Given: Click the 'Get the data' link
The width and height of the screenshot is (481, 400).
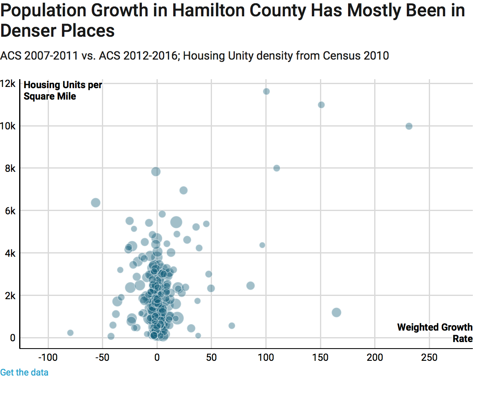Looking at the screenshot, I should click(x=24, y=372).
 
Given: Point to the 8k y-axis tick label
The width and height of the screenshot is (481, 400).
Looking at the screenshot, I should click(x=10, y=168).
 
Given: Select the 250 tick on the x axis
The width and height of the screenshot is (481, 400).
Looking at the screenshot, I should click(x=429, y=358).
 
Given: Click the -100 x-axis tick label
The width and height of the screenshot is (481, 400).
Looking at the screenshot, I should click(x=48, y=358).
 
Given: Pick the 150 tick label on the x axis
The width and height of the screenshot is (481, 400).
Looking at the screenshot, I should click(x=320, y=358).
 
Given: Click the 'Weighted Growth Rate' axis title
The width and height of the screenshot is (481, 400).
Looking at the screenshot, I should click(x=435, y=333).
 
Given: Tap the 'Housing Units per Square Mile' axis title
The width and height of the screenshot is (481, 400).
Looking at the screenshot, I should click(x=63, y=90).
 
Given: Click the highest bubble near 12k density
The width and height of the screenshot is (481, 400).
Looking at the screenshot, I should click(x=266, y=91).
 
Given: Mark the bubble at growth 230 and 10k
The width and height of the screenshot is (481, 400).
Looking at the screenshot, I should click(x=409, y=126).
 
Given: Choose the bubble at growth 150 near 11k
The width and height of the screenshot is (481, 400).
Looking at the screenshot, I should click(x=321, y=105).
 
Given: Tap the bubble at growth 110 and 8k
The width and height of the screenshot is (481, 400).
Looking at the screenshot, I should click(x=276, y=168).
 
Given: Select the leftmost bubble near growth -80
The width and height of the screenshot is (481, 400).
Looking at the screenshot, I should click(x=70, y=333).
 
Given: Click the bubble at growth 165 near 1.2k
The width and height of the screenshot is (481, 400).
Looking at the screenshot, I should click(x=336, y=313).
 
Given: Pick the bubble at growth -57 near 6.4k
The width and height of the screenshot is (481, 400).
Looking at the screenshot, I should click(x=95, y=202).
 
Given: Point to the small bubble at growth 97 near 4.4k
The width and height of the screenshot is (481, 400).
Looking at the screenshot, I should click(x=262, y=245).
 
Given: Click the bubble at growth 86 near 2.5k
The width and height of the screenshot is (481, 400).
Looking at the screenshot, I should click(x=250, y=286).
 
